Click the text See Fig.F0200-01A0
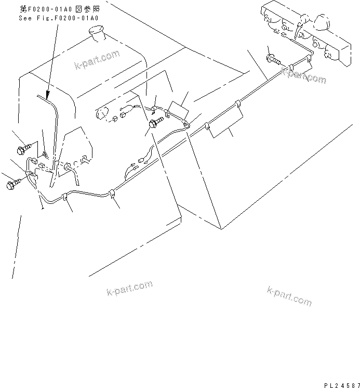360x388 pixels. (x=58, y=18)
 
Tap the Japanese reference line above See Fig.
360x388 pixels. (x=58, y=9)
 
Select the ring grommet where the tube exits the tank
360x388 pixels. (x=67, y=167)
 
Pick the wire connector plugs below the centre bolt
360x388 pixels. (x=132, y=166)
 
